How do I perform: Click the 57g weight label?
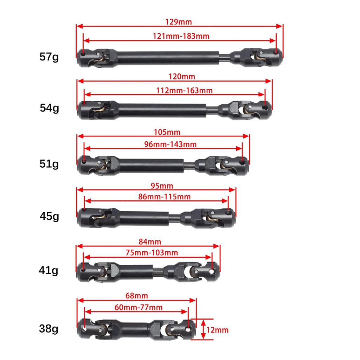(x=49, y=57)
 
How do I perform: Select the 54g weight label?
(x=49, y=108)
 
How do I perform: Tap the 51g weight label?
(x=49, y=164)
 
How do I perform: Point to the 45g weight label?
(x=49, y=216)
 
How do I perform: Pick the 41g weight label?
(x=49, y=270)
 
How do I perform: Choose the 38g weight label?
(x=49, y=329)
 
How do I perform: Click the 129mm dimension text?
(x=179, y=22)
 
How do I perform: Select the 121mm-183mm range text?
(x=181, y=36)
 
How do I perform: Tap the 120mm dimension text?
(x=182, y=76)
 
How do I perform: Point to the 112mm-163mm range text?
(x=184, y=90)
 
